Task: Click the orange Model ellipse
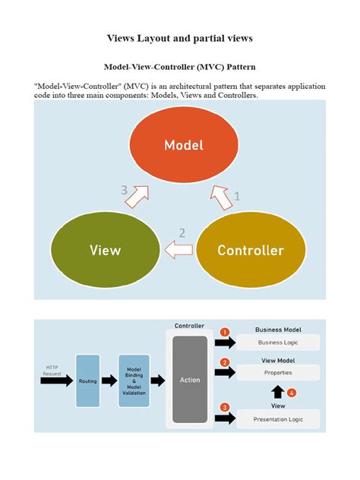click(x=184, y=144)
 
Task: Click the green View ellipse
click(x=105, y=249)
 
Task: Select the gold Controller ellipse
click(x=251, y=249)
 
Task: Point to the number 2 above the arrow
click(x=182, y=233)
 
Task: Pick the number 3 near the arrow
click(x=125, y=191)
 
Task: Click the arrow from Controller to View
click(x=179, y=249)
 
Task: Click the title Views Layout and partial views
click(x=180, y=37)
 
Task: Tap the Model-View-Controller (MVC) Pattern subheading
click(x=180, y=67)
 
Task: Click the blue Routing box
click(x=88, y=381)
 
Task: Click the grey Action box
click(x=189, y=380)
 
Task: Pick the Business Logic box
click(x=278, y=343)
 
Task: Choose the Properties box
click(x=278, y=373)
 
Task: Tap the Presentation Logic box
click(x=278, y=418)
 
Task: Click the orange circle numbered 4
click(x=292, y=393)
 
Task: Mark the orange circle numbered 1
click(x=225, y=332)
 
